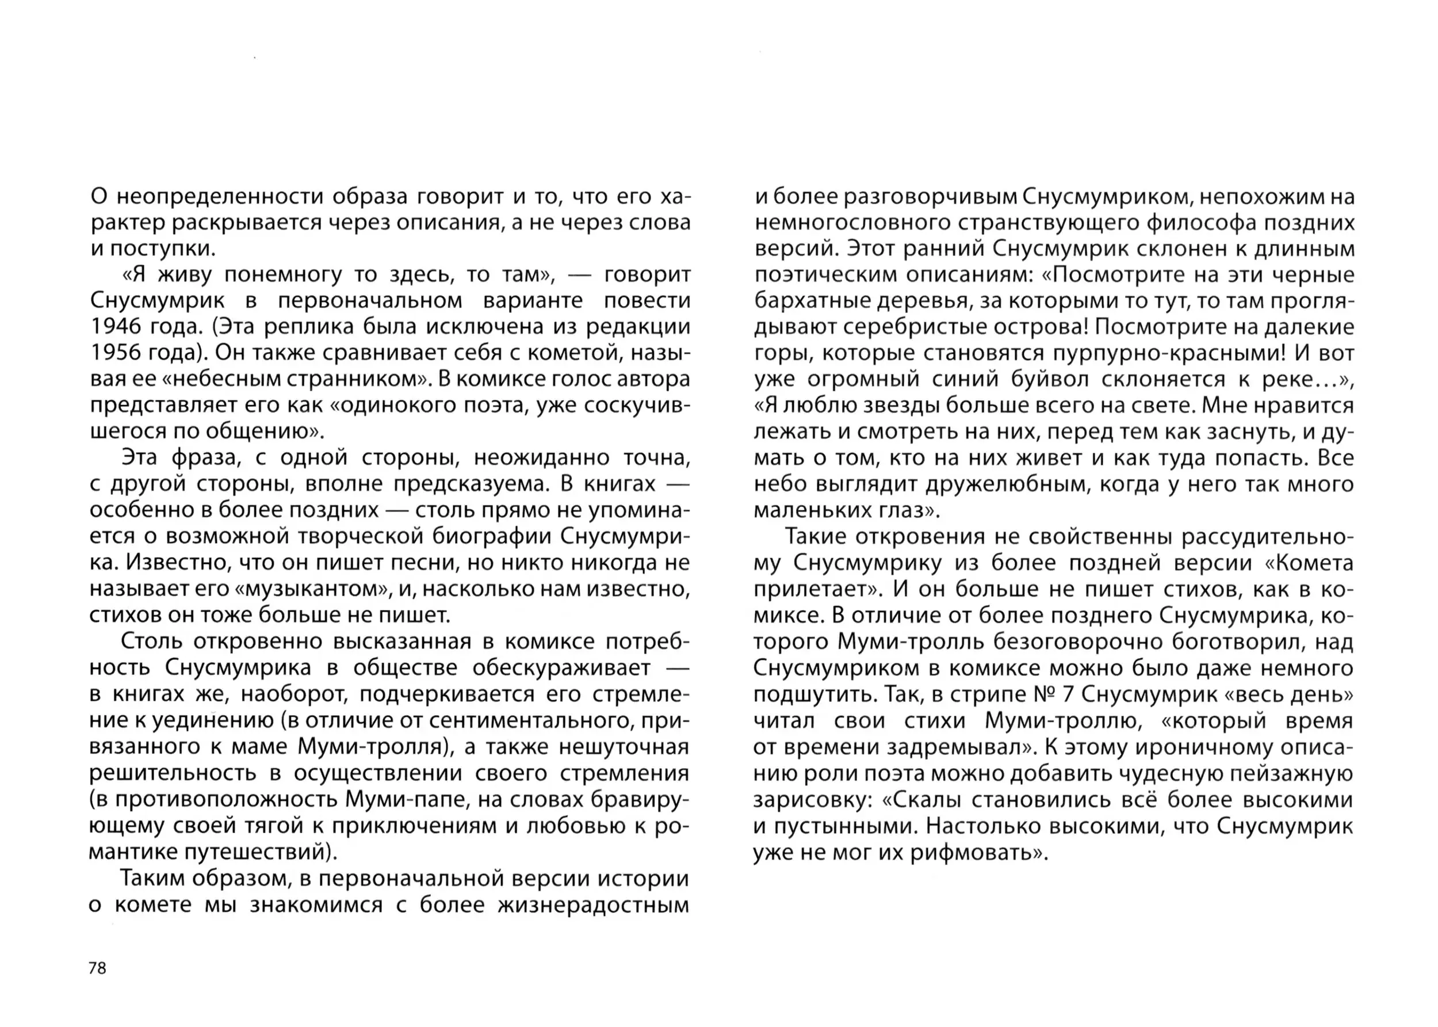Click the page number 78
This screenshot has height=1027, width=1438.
tap(97, 968)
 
